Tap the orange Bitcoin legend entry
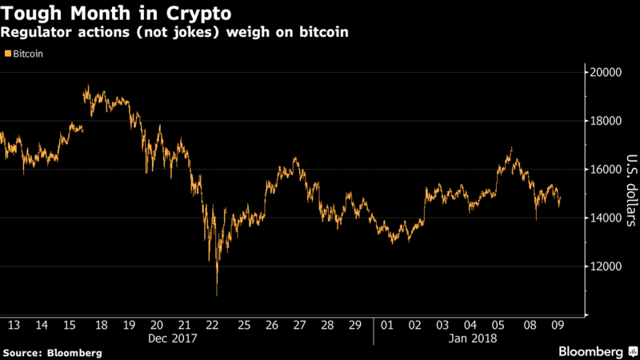coord(24,54)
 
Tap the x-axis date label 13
coord(14,326)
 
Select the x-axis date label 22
coord(213,326)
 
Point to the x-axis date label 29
coord(354,326)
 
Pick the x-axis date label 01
coord(387,326)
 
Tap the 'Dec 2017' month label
coord(171,338)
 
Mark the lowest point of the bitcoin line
coord(217,295)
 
